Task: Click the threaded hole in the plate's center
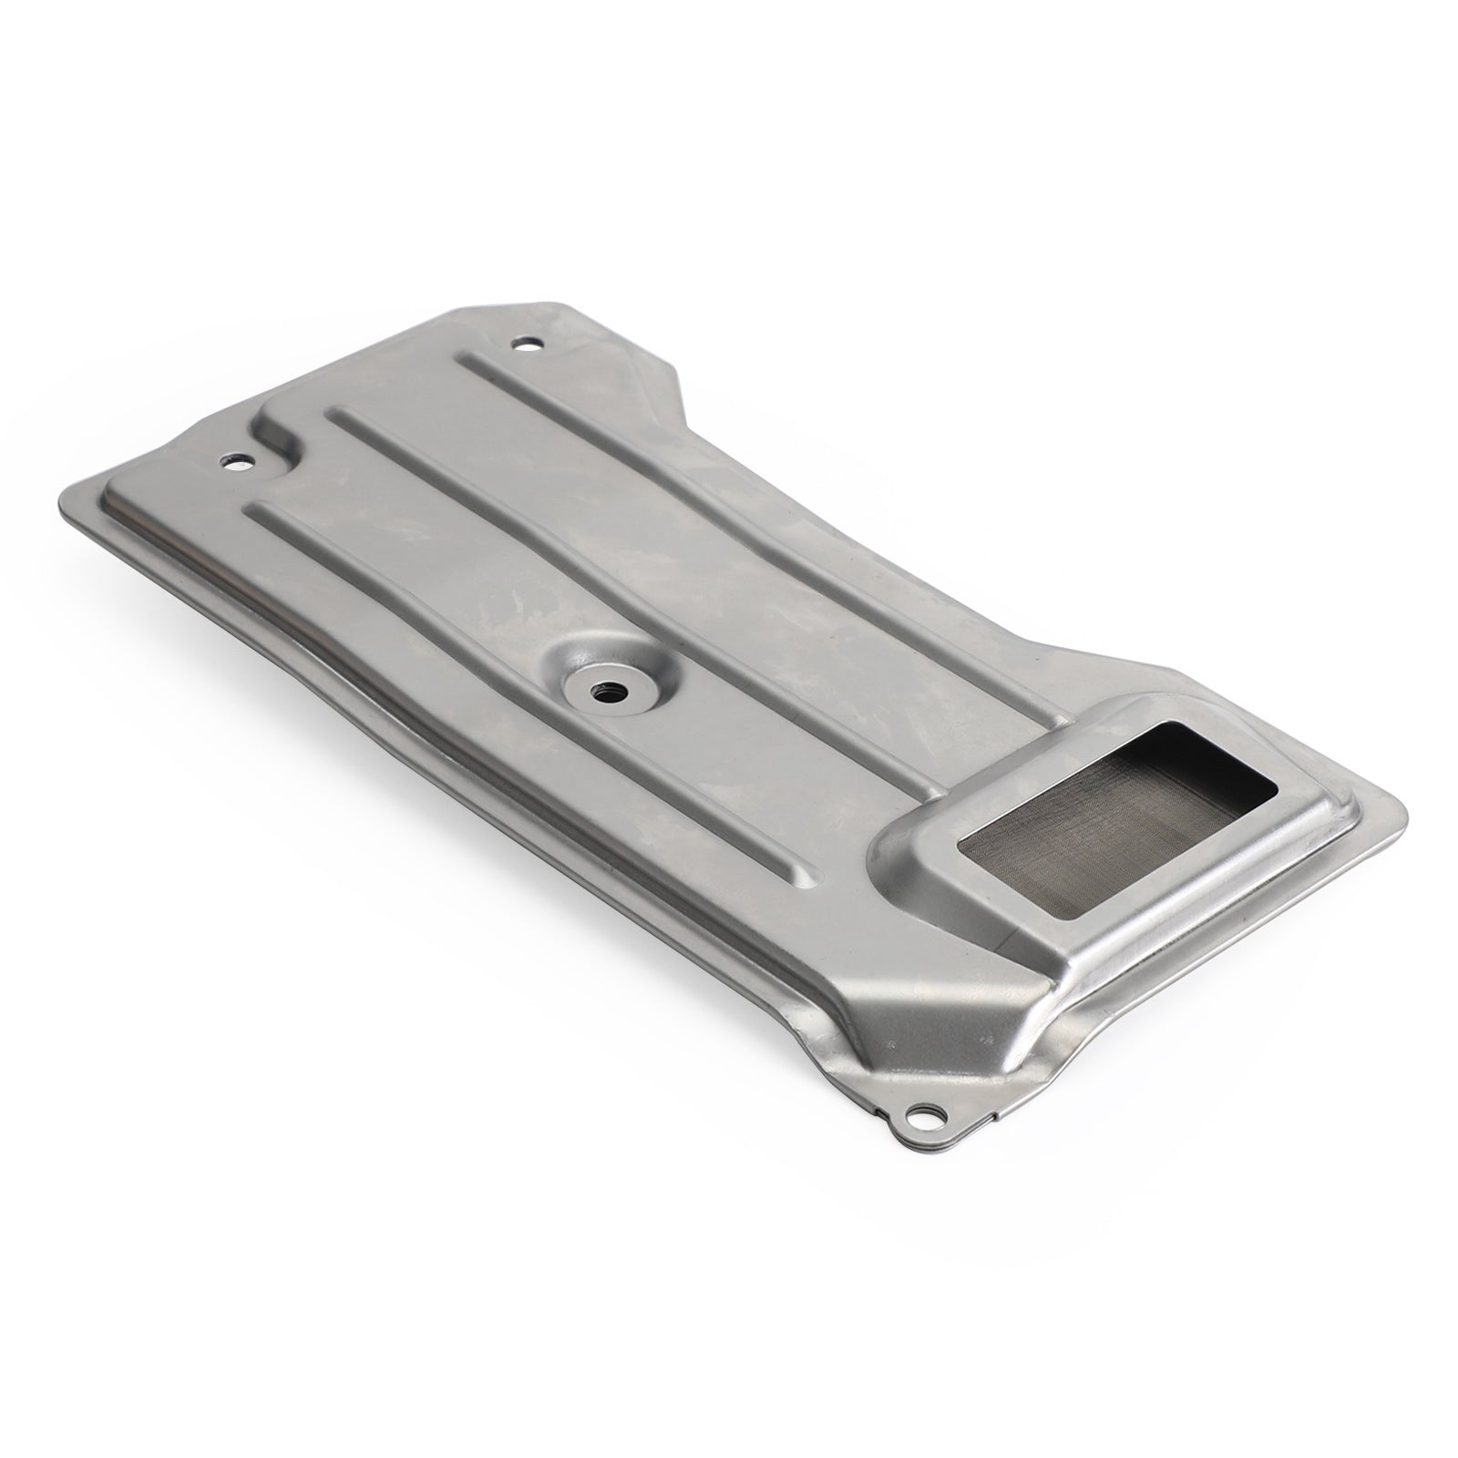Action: [601, 690]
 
